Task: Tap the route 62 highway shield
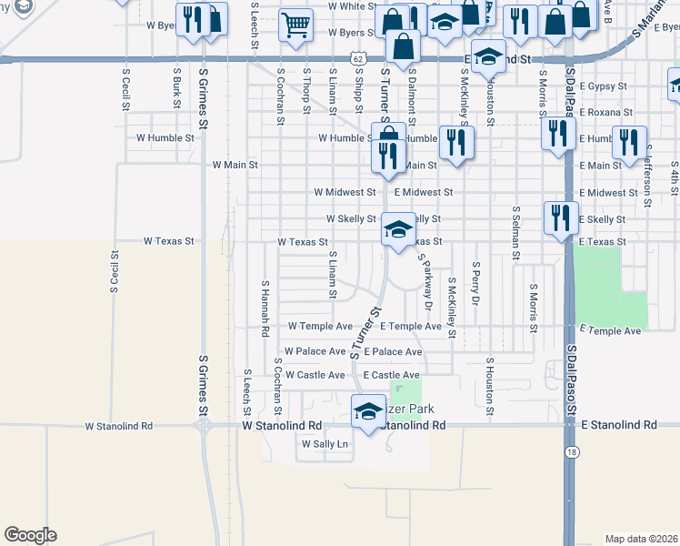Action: pyautogui.click(x=362, y=59)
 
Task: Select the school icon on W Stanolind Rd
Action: pyautogui.click(x=368, y=412)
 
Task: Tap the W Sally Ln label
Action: pyautogui.click(x=325, y=444)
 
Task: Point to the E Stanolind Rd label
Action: pyautogui.click(x=619, y=425)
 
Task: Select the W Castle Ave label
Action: pyautogui.click(x=315, y=375)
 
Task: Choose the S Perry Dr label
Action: pyautogui.click(x=475, y=283)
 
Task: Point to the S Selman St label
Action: pyautogui.click(x=515, y=233)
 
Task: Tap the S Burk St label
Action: pyautogui.click(x=175, y=86)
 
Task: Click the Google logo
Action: pyautogui.click(x=30, y=535)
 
